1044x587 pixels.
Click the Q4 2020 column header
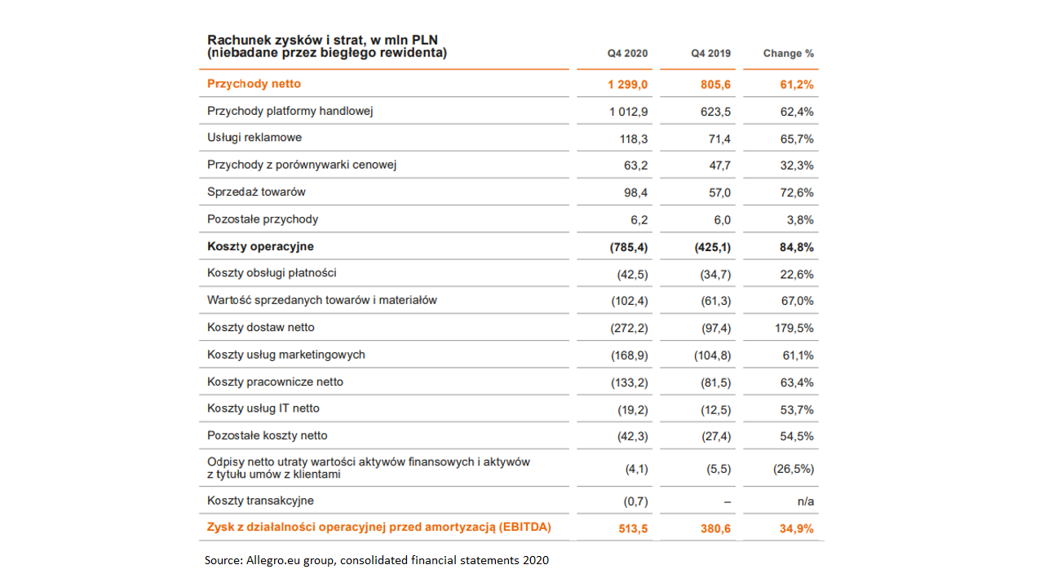point(627,54)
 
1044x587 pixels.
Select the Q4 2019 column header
point(710,54)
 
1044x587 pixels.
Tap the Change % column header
point(789,54)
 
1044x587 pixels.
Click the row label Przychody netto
point(254,84)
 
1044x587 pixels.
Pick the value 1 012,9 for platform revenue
point(628,112)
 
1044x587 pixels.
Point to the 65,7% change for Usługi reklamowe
point(797,139)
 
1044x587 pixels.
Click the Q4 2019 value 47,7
point(720,166)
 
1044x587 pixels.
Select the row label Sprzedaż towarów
point(256,192)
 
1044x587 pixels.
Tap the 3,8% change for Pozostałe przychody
point(800,220)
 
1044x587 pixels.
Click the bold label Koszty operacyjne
point(260,246)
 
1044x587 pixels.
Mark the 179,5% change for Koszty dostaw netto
point(794,329)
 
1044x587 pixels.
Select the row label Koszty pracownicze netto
point(275,382)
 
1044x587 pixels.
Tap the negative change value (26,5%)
point(794,469)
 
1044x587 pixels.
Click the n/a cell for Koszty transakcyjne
point(806,501)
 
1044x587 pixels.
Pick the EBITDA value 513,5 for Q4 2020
point(633,529)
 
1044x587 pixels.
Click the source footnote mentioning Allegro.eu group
point(377,560)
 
